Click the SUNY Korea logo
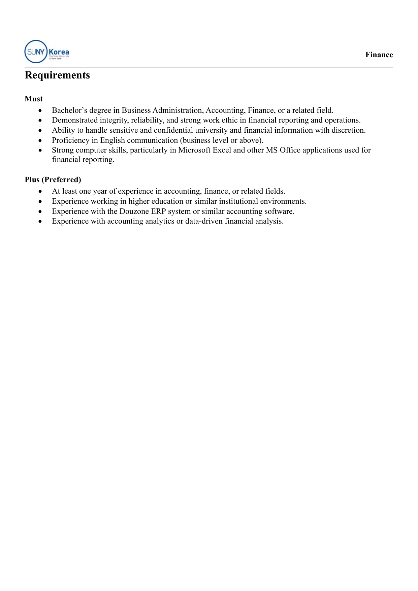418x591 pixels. pyautogui.click(x=47, y=52)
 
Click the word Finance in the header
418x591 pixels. pyautogui.click(x=379, y=55)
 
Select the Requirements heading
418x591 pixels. pyautogui.click(x=57, y=75)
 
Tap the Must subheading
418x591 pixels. pyautogui.click(x=34, y=99)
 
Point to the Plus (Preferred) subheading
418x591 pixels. pyautogui.click(x=53, y=180)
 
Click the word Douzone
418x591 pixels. pyautogui.click(x=134, y=211)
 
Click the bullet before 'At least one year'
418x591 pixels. pyautogui.click(x=40, y=192)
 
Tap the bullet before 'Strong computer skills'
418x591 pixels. pyautogui.click(x=40, y=151)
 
